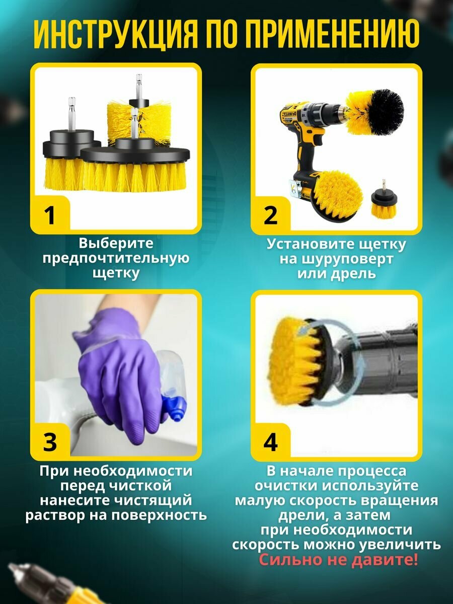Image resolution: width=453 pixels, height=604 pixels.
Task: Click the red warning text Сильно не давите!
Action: click(x=338, y=559)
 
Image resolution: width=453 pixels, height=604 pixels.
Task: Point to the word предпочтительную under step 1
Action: click(x=116, y=259)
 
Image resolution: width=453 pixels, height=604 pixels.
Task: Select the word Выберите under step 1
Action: click(x=116, y=243)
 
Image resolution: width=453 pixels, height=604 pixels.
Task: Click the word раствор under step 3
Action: click(x=55, y=514)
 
